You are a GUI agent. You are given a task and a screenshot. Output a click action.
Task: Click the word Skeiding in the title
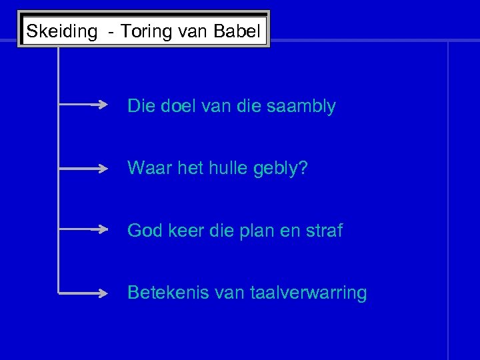tap(61, 31)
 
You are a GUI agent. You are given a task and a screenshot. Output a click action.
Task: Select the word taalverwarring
tap(309, 293)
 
